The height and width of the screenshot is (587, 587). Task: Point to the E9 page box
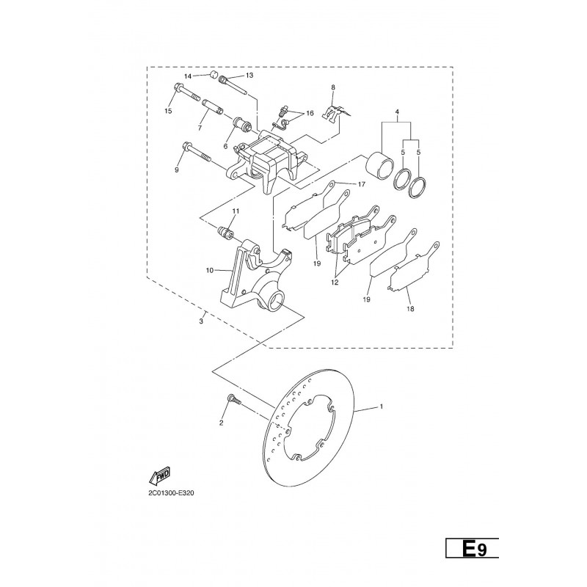[x=472, y=549]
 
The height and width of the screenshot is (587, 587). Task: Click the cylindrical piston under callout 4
[x=379, y=164]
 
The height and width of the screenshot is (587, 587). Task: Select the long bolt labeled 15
[x=186, y=94]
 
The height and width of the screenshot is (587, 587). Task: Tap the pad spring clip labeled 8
[x=335, y=112]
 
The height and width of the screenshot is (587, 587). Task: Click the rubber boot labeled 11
[x=226, y=232]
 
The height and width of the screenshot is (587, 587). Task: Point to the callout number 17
[x=361, y=184]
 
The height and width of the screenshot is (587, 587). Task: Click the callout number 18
[x=410, y=309]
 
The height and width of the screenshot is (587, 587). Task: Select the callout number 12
[x=335, y=282]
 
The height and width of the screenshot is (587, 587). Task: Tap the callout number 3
[x=201, y=321]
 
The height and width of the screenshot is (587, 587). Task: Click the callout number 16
[x=310, y=113]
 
